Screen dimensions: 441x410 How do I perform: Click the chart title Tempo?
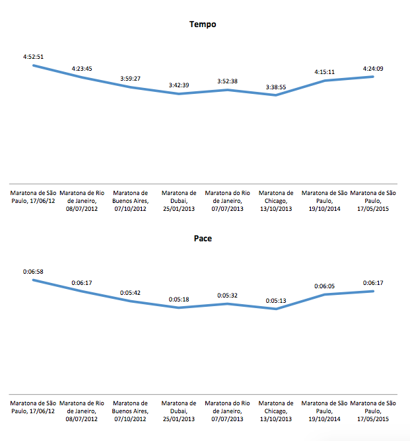pos(203,24)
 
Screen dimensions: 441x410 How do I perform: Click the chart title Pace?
pos(203,239)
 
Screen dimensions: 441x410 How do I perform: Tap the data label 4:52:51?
pos(33,58)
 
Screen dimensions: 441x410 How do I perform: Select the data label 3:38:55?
pos(276,87)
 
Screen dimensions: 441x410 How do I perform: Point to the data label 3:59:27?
pos(130,79)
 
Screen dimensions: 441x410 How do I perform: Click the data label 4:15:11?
pos(324,72)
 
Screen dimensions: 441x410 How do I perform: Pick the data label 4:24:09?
pos(374,68)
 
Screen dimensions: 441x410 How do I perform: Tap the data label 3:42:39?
pos(178,85)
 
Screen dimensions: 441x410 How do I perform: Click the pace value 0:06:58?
pos(33,272)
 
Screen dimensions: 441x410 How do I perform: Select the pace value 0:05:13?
pos(276,301)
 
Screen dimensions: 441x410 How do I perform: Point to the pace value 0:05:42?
pos(130,293)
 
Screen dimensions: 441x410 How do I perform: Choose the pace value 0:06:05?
pos(324,286)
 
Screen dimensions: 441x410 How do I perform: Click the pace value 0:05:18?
pos(178,300)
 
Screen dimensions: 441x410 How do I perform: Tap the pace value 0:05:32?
pos(227,296)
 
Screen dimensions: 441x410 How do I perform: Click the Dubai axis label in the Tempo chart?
pos(178,201)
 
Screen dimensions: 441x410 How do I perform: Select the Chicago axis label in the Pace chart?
pos(276,411)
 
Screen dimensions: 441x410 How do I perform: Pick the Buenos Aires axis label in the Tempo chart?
pos(130,201)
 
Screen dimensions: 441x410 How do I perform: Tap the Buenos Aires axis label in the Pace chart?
pos(130,411)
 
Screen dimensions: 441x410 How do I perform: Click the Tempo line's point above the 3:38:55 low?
pos(276,95)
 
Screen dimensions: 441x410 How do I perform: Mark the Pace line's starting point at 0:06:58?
pos(33,280)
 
